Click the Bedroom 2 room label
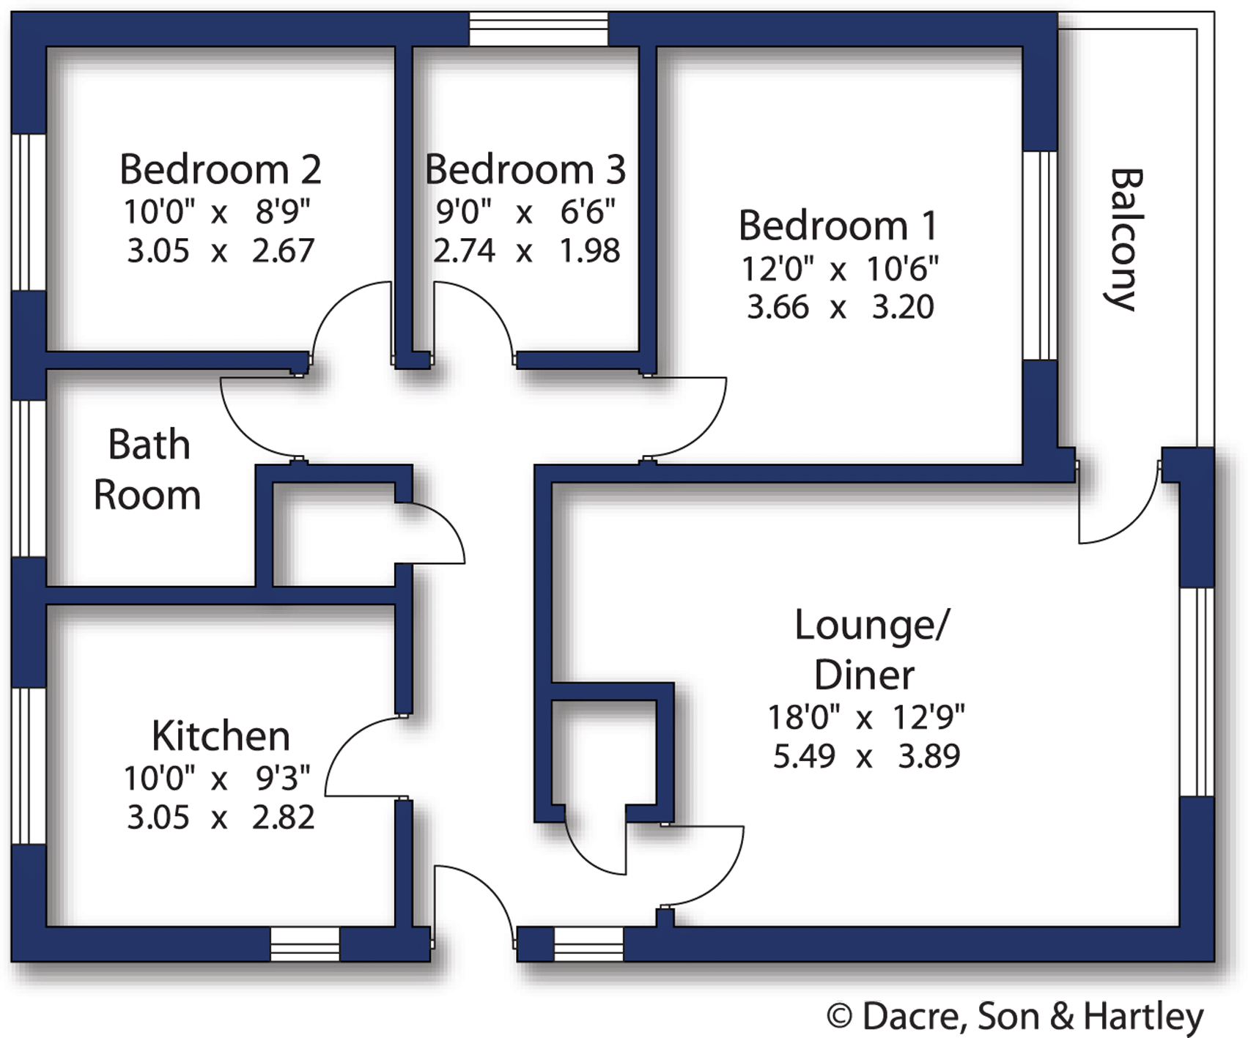[220, 169]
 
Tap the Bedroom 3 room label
[525, 169]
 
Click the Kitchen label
[221, 735]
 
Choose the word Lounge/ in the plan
[871, 625]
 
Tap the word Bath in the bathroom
[149, 445]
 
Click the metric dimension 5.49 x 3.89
[866, 756]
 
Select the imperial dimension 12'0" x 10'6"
[839, 269]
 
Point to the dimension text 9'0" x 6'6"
[525, 212]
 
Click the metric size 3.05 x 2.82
[221, 817]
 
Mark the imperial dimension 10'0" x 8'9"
[217, 212]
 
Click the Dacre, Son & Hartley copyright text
[1015, 1016]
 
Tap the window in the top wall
[538, 29]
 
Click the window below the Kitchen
[305, 944]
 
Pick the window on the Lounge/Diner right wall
[1197, 692]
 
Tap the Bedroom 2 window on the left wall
[29, 212]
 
